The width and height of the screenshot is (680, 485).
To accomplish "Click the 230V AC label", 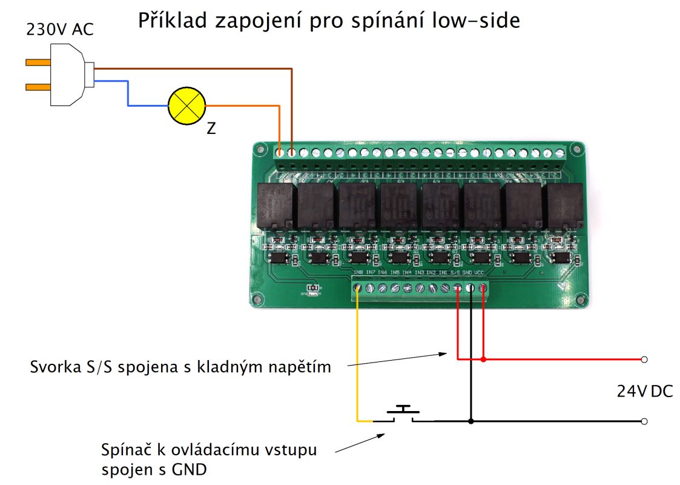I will click(60, 29).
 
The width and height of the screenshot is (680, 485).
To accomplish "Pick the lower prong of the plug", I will click(38, 87).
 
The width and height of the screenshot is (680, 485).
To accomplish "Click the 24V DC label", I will click(645, 391).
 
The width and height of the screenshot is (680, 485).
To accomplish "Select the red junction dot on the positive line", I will click(483, 360).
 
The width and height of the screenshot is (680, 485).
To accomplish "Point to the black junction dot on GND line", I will click(470, 421).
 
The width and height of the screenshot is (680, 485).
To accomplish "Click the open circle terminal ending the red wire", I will click(644, 360).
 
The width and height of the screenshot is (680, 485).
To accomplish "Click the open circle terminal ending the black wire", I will click(644, 421).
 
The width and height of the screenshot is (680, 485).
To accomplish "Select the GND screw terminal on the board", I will click(470, 289).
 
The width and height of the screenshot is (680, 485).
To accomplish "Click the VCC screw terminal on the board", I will click(483, 289).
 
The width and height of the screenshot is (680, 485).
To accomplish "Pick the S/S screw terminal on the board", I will click(458, 289).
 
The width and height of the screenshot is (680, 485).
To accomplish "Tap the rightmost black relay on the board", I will click(564, 207).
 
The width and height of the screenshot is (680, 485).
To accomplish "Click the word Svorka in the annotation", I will click(52, 367).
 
